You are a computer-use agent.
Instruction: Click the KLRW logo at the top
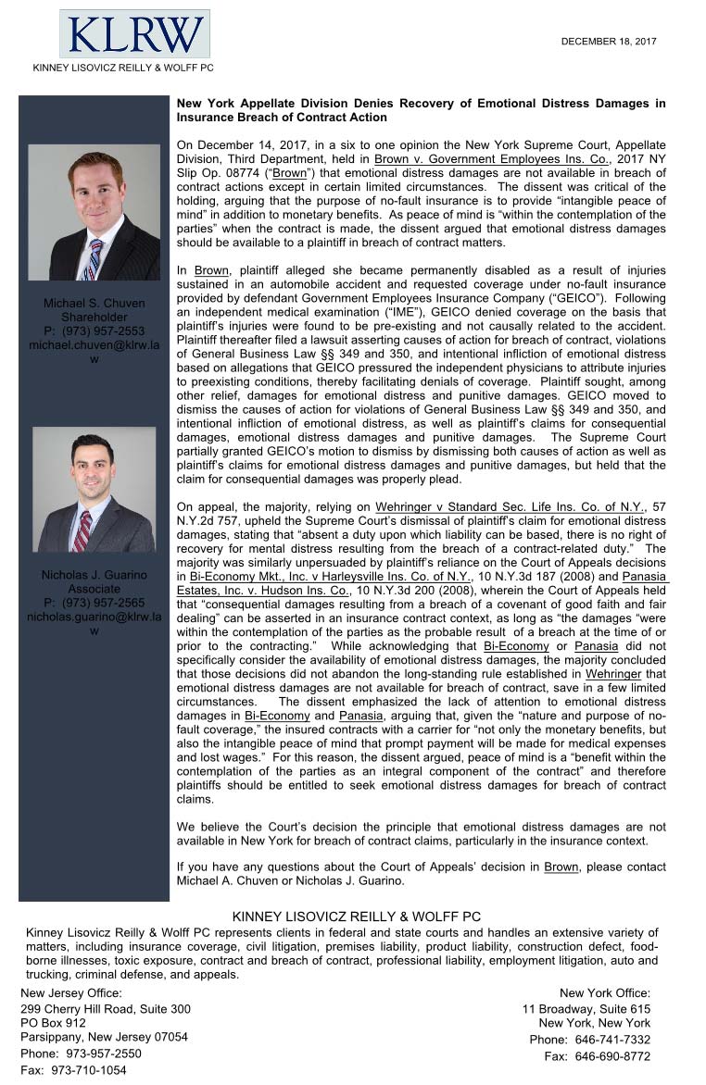click(x=134, y=34)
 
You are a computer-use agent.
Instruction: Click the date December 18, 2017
click(x=609, y=42)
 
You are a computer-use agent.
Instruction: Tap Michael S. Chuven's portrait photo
click(x=94, y=212)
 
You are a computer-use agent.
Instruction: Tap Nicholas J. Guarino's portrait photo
click(x=94, y=489)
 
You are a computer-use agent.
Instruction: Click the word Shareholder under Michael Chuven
click(x=94, y=317)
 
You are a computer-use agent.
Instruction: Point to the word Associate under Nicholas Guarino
click(x=94, y=589)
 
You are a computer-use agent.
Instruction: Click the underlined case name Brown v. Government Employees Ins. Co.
click(x=491, y=159)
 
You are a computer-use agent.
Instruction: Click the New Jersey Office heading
click(x=71, y=993)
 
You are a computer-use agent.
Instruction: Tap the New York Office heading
click(x=605, y=993)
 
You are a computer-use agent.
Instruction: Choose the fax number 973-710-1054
click(x=92, y=1069)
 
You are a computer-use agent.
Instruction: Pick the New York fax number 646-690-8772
click(x=612, y=1055)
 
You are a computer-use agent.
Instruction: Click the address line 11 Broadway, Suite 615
click(x=586, y=1009)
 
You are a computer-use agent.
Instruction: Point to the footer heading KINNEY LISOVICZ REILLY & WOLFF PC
click(x=356, y=917)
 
